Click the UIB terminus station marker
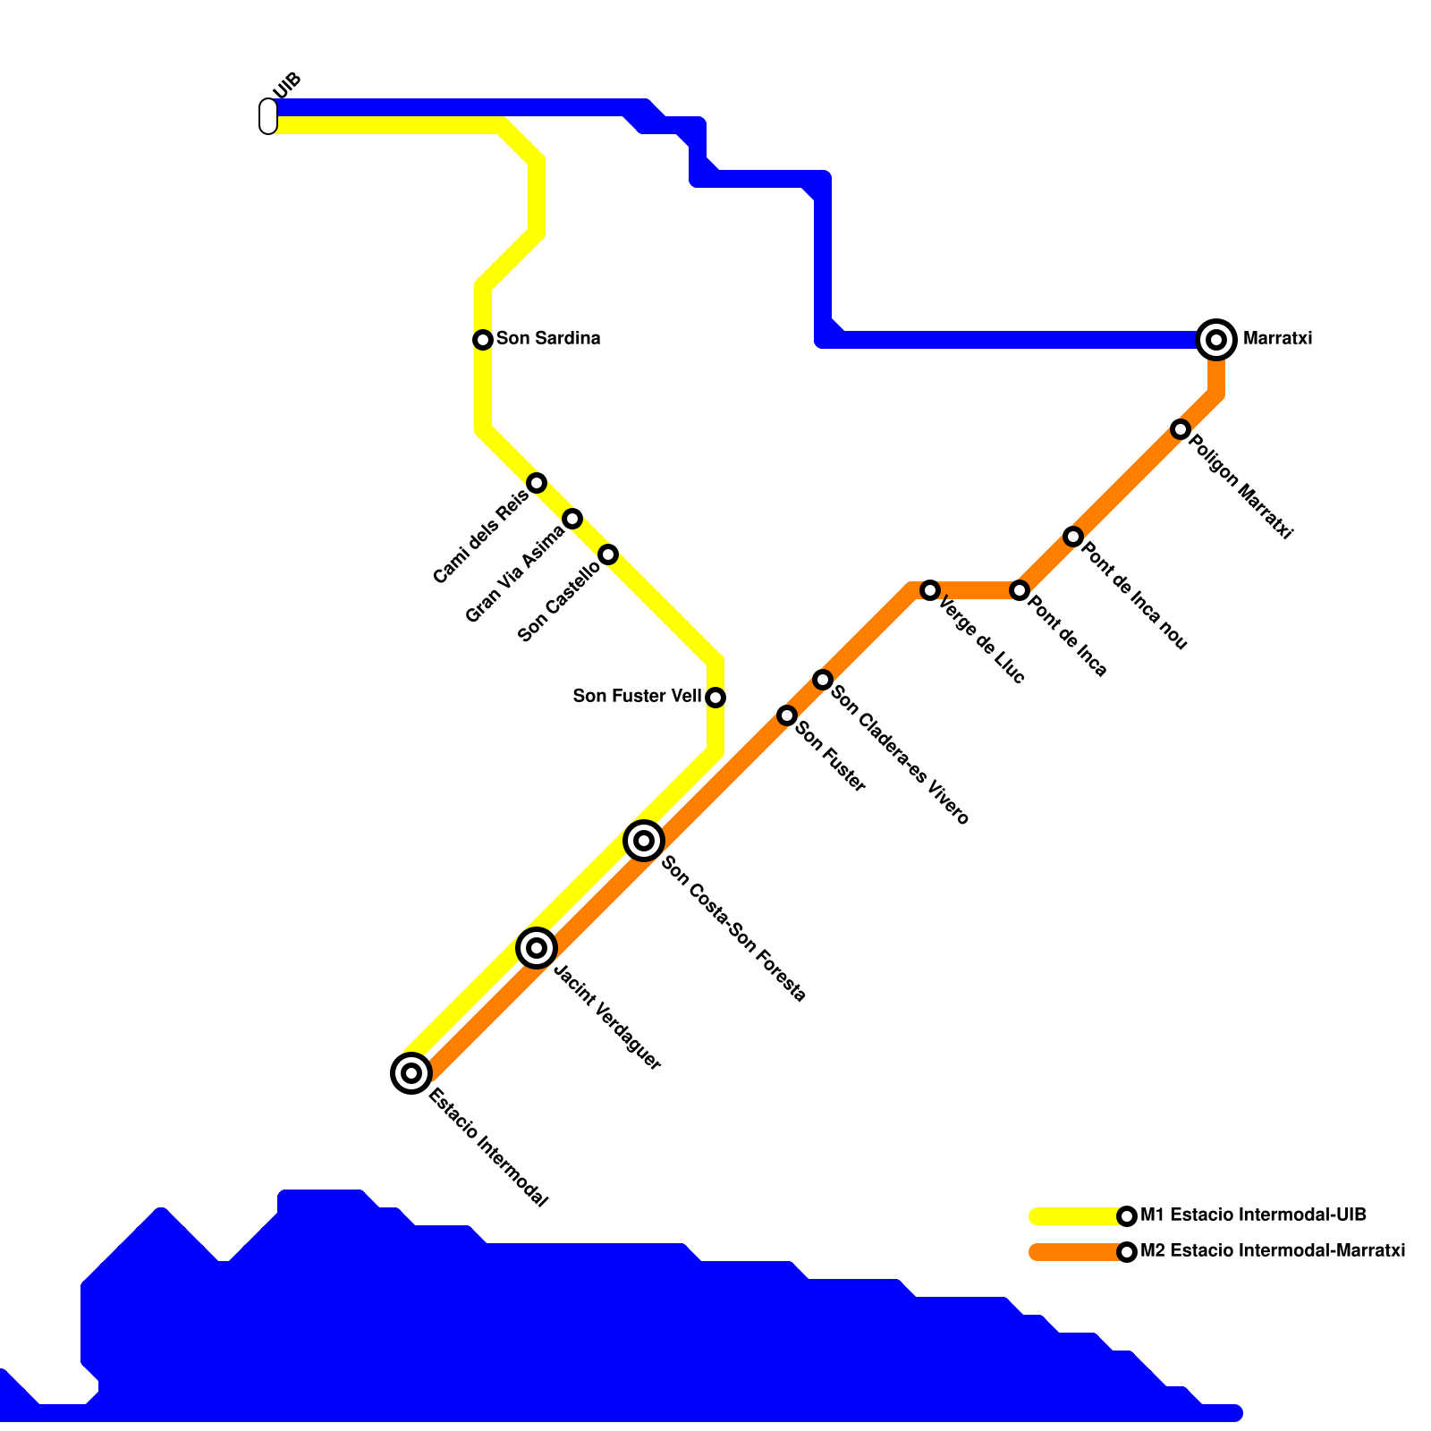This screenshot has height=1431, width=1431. (268, 116)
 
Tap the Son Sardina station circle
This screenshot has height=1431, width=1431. (483, 340)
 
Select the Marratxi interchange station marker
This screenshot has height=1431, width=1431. (1216, 340)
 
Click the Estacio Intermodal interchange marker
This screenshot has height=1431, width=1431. (411, 1072)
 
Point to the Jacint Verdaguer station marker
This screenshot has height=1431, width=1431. (537, 947)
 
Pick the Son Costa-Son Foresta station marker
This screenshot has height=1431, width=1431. (644, 841)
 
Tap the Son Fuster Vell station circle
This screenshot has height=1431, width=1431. (715, 698)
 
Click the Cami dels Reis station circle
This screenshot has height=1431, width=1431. (537, 483)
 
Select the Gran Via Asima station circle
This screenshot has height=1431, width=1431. (572, 519)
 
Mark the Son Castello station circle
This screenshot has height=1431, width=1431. (608, 555)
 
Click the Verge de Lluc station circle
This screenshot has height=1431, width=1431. (930, 590)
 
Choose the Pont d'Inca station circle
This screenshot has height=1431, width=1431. (1020, 590)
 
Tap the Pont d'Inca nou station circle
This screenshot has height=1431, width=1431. (1073, 537)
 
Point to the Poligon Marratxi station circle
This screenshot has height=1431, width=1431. (1181, 429)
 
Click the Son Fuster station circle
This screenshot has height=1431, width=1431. (787, 715)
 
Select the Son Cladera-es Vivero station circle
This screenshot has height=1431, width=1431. (823, 680)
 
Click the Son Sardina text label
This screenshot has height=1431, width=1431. (548, 339)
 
